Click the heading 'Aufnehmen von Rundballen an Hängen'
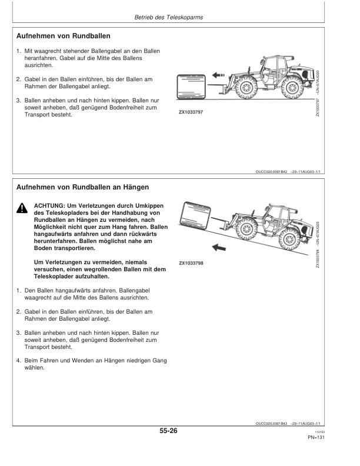click(x=82, y=187)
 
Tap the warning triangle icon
click(x=21, y=208)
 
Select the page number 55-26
click(x=168, y=431)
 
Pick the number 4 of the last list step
click(x=18, y=361)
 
